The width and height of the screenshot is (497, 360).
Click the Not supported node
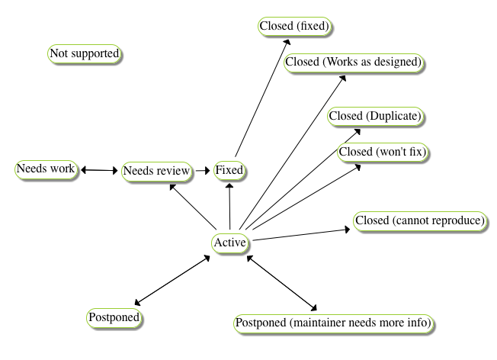(x=85, y=54)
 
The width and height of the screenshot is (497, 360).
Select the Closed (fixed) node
(x=295, y=26)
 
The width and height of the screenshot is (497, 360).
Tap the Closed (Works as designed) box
(x=354, y=62)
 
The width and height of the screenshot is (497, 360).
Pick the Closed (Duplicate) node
(x=376, y=116)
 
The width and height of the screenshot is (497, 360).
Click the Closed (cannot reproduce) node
(x=420, y=221)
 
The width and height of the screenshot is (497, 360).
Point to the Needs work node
(x=46, y=169)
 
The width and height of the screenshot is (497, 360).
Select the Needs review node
(x=156, y=171)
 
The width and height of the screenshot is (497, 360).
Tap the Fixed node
(x=229, y=170)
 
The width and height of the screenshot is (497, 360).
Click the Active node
(x=230, y=243)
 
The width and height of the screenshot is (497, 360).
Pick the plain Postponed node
(x=116, y=316)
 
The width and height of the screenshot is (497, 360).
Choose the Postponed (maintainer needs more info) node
(x=334, y=323)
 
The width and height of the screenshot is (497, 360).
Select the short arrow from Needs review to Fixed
(x=202, y=171)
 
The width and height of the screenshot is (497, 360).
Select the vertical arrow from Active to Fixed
(x=229, y=206)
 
